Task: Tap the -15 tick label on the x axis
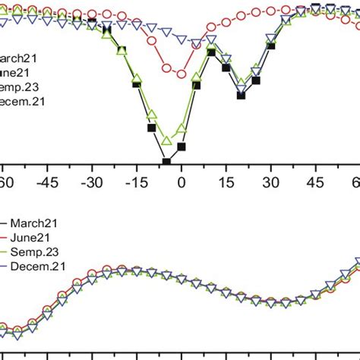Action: pyautogui.click(x=137, y=182)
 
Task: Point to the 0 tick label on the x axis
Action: pyautogui.click(x=181, y=182)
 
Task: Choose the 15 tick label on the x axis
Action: pyautogui.click(x=226, y=182)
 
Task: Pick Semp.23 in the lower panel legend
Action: pyautogui.click(x=37, y=250)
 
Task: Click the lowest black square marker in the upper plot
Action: pyautogui.click(x=166, y=161)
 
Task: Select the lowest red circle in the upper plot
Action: pyautogui.click(x=181, y=74)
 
